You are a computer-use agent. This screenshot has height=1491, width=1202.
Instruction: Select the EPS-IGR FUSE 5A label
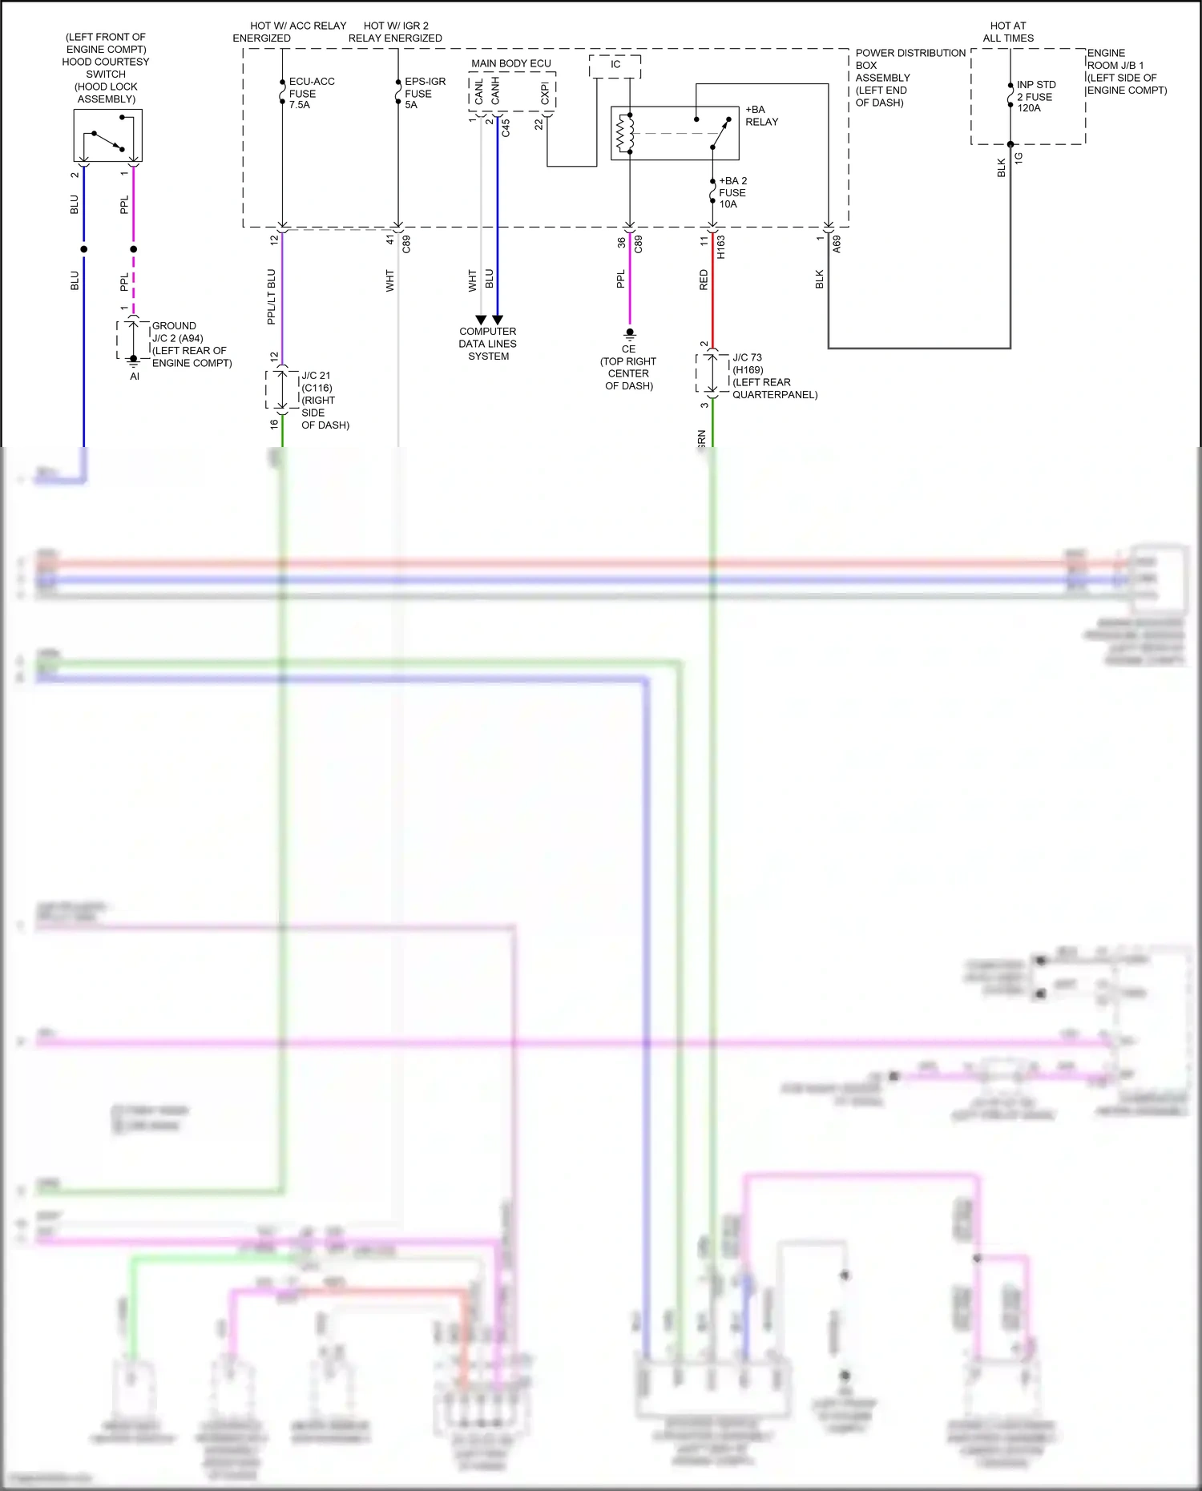(x=424, y=93)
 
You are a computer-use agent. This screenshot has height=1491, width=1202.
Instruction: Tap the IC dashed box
(x=615, y=65)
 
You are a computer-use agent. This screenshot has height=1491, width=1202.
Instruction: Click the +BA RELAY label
(x=761, y=115)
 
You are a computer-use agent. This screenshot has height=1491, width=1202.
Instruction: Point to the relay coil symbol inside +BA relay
(x=624, y=133)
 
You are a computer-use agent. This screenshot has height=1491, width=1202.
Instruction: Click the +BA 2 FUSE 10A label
(x=732, y=192)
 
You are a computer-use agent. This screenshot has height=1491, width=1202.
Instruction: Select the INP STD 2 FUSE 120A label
(x=1035, y=96)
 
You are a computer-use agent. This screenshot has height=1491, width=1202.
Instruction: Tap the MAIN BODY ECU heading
(x=510, y=63)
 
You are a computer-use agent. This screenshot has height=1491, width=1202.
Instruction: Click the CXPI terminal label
(x=545, y=93)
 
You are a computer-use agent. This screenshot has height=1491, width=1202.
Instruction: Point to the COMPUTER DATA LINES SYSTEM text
(x=487, y=344)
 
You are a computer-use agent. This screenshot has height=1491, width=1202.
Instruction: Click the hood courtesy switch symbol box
(x=107, y=135)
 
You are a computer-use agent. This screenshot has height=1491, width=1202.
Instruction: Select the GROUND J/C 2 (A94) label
(x=191, y=344)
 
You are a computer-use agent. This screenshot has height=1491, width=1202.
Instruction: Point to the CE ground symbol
(x=630, y=332)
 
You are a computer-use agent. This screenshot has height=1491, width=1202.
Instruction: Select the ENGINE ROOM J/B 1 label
(x=1125, y=71)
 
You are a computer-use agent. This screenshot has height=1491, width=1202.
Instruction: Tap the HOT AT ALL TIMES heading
(x=1007, y=32)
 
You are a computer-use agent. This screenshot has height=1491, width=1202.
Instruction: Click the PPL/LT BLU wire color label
(x=271, y=296)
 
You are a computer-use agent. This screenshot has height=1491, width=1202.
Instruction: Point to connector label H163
(x=720, y=246)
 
